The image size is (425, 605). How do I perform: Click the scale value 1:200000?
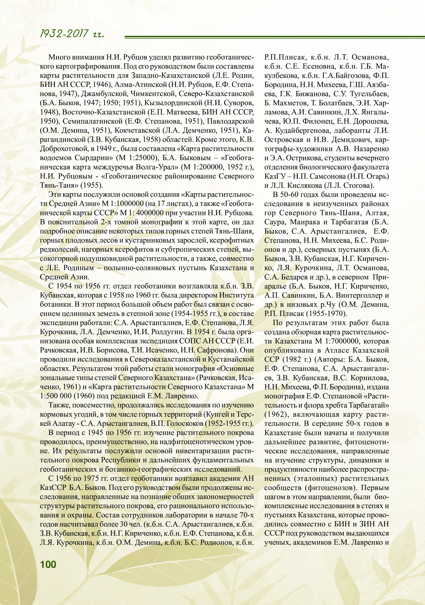click(x=208, y=167)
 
